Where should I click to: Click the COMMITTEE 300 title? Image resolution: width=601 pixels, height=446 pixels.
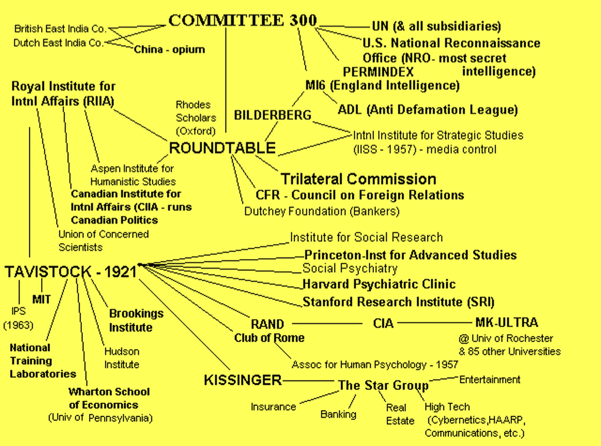pos(243,21)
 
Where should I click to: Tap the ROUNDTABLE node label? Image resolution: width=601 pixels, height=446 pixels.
pos(222,148)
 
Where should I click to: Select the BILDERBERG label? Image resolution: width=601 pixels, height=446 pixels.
pos(273,115)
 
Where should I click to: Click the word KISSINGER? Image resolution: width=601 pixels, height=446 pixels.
pos(243,380)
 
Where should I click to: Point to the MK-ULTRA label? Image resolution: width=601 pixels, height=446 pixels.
pos(506,323)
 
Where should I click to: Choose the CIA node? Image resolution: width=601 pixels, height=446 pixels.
pos(383,324)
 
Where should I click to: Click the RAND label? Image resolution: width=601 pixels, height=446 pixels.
pos(267,324)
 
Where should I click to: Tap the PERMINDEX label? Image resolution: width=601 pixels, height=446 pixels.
pos(378,72)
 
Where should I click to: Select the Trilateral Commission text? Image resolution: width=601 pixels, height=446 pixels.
pos(358,179)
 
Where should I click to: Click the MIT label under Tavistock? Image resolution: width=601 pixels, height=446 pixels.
pos(41,299)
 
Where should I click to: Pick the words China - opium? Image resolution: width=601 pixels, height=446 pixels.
pos(169,49)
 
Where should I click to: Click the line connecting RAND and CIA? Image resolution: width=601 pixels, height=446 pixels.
pos(327,324)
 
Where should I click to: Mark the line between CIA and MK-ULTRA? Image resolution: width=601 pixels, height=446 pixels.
pos(435,323)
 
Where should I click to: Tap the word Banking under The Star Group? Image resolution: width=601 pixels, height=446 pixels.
pos(338,414)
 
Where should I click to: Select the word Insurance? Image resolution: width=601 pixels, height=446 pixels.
pos(273,407)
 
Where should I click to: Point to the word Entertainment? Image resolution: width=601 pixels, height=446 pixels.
pos(490,380)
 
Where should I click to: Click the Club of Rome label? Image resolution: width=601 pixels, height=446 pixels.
pos(269,338)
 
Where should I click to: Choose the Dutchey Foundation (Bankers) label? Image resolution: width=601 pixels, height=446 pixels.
pos(322,211)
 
